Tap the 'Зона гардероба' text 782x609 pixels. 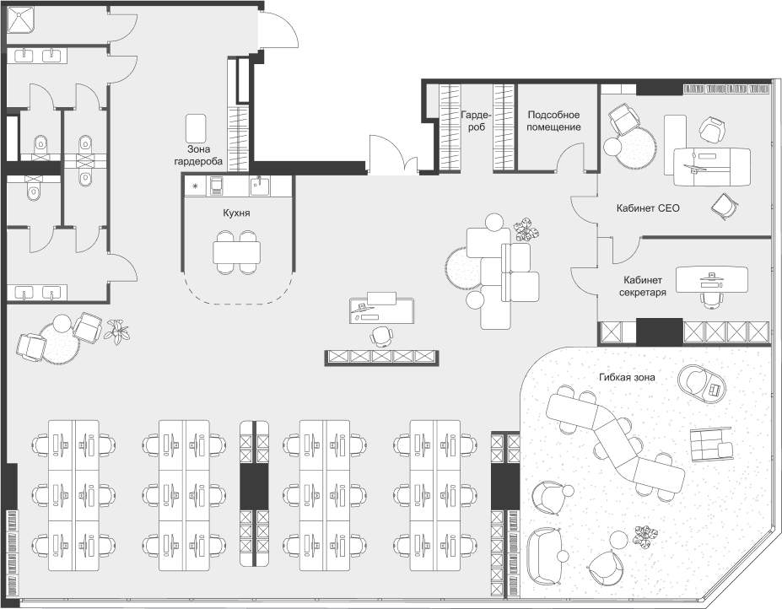coord(199,154)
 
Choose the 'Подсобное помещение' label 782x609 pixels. coord(554,120)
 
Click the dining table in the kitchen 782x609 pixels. coord(237,251)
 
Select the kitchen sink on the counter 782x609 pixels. coord(259,185)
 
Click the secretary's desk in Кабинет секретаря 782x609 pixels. coord(712,277)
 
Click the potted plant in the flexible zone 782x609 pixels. coord(645,535)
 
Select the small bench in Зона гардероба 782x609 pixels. coord(197,127)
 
